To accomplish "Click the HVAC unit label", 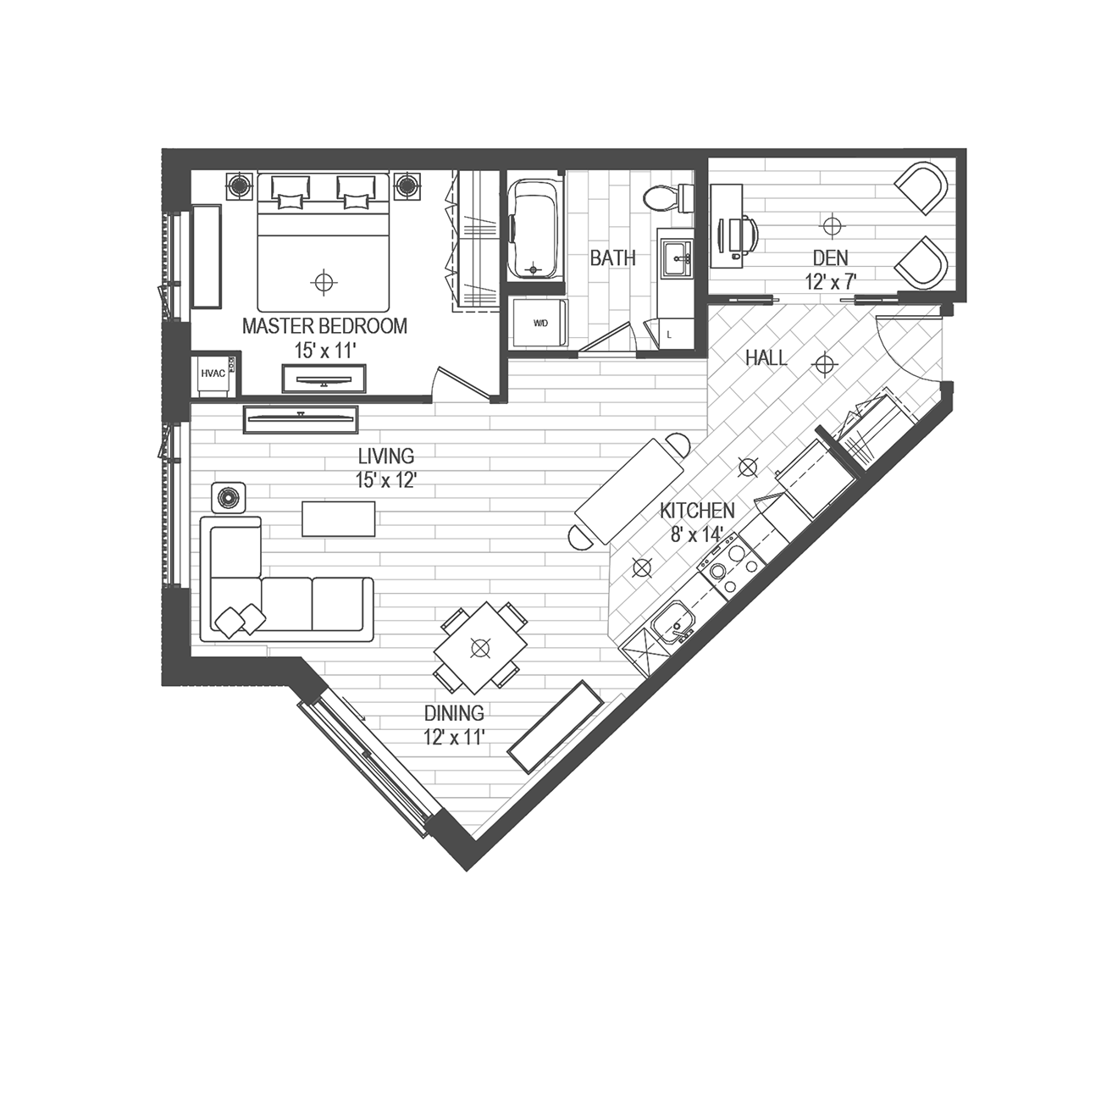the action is (213, 373).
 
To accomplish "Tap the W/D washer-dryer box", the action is (540, 323).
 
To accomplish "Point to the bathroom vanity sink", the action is (677, 258).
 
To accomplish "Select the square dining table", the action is (480, 647).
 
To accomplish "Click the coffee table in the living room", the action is (338, 519).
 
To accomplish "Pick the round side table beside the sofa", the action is (229, 498).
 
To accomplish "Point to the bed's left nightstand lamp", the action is (239, 185).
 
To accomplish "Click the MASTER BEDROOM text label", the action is (324, 326).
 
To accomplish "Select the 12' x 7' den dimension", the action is (831, 282).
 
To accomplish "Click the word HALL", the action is (766, 358).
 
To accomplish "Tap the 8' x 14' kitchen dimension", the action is (697, 535).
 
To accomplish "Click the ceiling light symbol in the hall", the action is (824, 363).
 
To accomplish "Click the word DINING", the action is (454, 713).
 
